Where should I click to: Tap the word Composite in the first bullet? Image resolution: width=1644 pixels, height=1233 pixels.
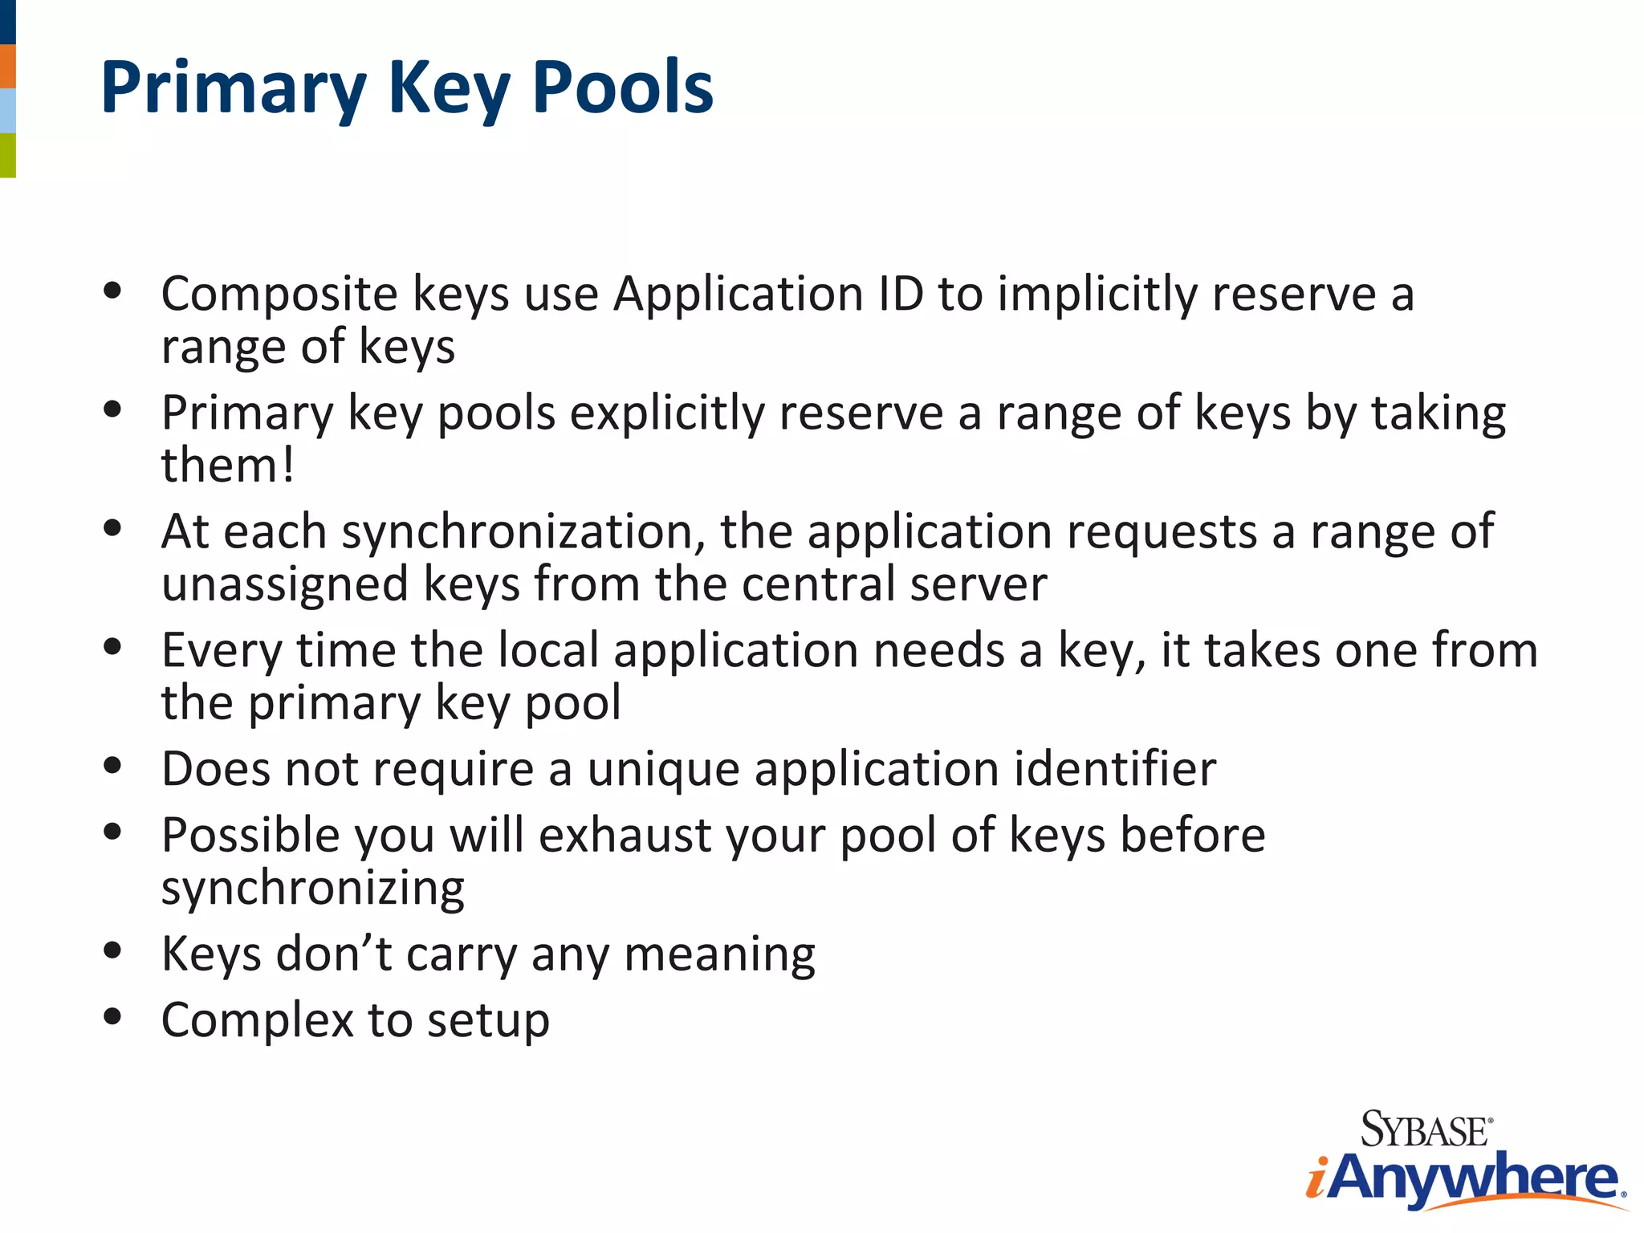click(x=279, y=295)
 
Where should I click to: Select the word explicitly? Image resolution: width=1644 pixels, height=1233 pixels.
click(x=667, y=413)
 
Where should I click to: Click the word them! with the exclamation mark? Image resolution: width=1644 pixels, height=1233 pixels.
click(x=228, y=466)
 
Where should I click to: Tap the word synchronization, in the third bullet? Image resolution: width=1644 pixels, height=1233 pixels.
click(x=523, y=532)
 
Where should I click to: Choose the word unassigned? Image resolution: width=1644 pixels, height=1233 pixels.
click(x=285, y=584)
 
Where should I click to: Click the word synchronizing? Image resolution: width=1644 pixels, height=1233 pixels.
click(x=312, y=889)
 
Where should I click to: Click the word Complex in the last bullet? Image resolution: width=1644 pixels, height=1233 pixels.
click(x=257, y=1021)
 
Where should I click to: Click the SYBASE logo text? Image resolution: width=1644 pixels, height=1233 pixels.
click(x=1426, y=1130)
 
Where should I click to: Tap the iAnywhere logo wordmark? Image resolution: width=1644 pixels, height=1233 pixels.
click(x=1465, y=1178)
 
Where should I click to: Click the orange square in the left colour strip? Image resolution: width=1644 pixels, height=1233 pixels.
click(x=8, y=67)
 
